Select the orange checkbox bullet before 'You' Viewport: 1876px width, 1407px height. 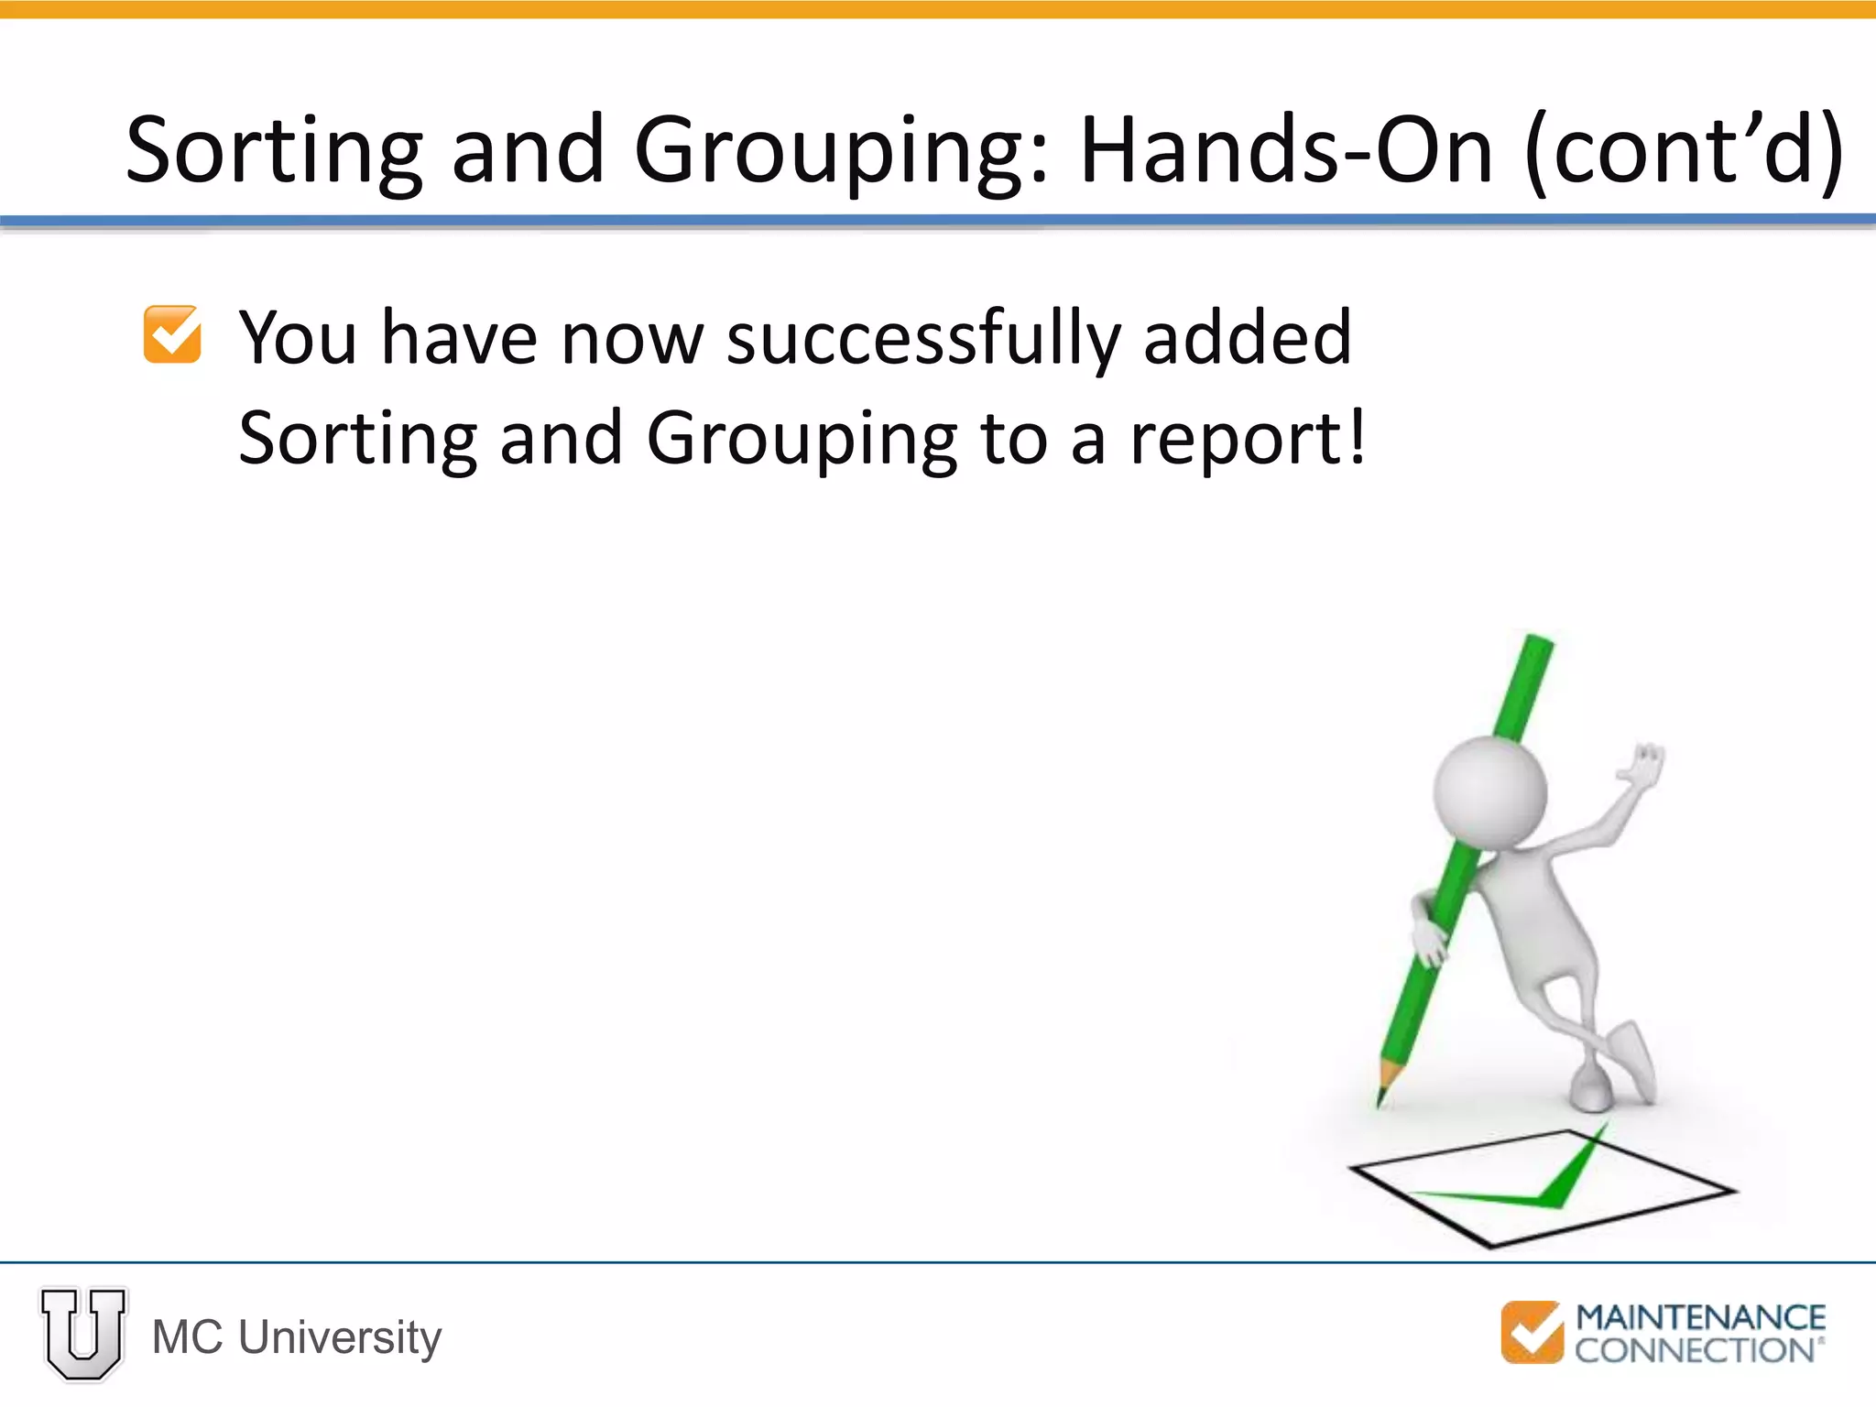tap(172, 334)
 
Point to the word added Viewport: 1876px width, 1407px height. tap(1247, 337)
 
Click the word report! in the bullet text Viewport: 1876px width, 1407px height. tap(1248, 440)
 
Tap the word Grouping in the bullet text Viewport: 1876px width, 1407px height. tap(802, 440)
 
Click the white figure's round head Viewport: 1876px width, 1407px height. tap(1490, 791)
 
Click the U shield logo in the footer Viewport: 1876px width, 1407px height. tap(83, 1334)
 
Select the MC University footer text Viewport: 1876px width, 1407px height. tap(297, 1337)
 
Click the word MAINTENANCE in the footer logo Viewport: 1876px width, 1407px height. tap(1700, 1317)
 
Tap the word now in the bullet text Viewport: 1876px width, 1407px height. tap(632, 339)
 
